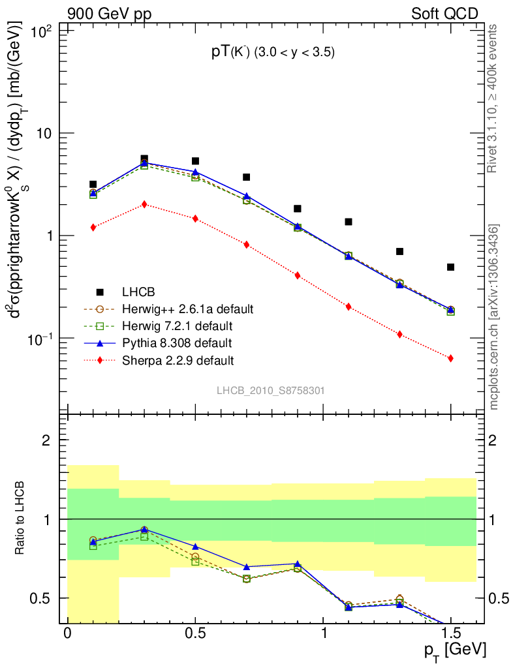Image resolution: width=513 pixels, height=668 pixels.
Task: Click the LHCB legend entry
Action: tap(136, 292)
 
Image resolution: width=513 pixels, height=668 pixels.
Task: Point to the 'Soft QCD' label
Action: tap(444, 13)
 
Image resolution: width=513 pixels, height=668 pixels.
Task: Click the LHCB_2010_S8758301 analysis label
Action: tap(271, 391)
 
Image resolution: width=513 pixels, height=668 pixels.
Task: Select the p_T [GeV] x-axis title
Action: tap(455, 650)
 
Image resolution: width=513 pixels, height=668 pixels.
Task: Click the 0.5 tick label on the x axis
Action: tap(195, 634)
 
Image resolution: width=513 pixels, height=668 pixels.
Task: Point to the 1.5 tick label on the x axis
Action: tap(450, 634)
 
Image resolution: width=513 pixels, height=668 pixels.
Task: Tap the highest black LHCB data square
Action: tap(144, 159)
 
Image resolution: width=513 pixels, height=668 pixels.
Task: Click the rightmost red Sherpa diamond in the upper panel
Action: tap(450, 358)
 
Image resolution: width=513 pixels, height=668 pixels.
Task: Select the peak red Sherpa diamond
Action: tap(144, 204)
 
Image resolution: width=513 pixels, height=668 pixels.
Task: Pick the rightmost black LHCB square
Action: tap(450, 267)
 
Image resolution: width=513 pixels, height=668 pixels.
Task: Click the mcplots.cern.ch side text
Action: tap(494, 316)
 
